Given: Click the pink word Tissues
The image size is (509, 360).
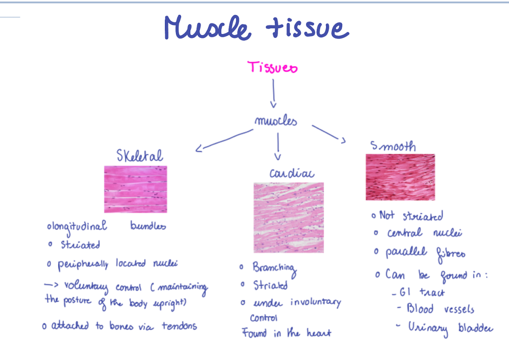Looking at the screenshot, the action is [x=273, y=67].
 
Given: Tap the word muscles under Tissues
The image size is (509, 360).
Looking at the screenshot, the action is [x=276, y=121].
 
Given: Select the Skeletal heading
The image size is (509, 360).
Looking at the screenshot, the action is [x=139, y=156].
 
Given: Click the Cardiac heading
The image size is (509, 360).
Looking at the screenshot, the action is [x=291, y=173].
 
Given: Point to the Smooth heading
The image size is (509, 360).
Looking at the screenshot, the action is [x=393, y=146].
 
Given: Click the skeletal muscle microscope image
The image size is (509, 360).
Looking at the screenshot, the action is [x=135, y=189].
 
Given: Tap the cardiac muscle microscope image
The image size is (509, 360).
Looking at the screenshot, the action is [x=288, y=217].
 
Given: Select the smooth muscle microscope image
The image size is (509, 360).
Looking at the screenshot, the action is [x=400, y=177].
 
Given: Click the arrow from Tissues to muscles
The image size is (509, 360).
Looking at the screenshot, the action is [x=273, y=93].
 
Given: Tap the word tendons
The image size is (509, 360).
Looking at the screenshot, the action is [x=179, y=326].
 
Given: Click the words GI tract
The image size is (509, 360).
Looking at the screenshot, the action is [x=418, y=293].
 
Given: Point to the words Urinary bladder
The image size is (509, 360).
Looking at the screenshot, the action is [x=449, y=328].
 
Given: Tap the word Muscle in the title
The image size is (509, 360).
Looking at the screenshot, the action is [x=207, y=28].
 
